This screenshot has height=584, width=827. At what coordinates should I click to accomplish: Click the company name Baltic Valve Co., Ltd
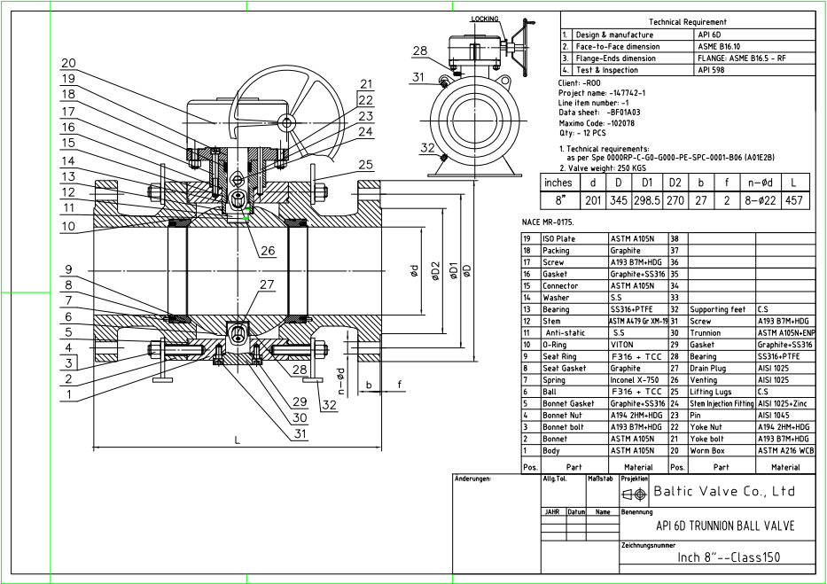click(723, 492)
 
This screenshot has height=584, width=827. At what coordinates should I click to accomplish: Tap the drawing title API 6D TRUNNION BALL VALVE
click(724, 526)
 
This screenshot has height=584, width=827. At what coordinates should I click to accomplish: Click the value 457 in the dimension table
click(795, 201)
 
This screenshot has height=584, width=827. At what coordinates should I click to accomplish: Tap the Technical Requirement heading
click(687, 21)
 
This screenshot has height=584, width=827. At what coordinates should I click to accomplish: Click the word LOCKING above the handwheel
click(485, 18)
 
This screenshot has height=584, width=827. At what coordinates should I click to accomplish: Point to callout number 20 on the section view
click(68, 63)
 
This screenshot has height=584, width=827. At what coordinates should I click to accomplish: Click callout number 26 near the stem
click(267, 251)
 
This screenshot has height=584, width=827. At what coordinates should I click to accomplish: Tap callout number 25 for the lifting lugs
click(366, 164)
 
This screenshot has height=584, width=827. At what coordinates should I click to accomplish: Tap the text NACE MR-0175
click(550, 221)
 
